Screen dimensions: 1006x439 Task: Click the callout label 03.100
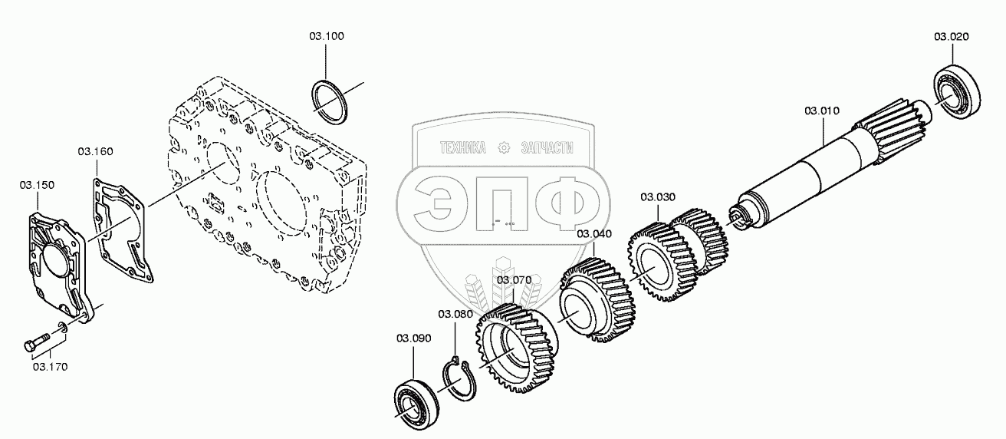coord(327,36)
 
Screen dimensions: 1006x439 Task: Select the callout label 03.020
coord(951,36)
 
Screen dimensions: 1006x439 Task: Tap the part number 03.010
coord(822,111)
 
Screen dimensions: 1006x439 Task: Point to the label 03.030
coord(658,197)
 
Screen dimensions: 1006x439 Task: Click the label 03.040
coord(594,233)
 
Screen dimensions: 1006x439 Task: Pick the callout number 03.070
coord(514,280)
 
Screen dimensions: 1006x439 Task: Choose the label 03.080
coord(455,314)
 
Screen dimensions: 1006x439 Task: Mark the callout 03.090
coord(413,338)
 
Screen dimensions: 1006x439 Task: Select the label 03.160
coord(95,151)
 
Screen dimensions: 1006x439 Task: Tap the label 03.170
coord(50,366)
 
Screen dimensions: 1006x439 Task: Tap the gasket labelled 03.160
coord(123,230)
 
